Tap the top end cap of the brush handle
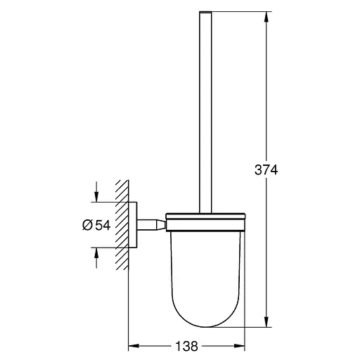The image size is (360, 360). (x=204, y=14)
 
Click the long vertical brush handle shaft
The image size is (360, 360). (x=204, y=112)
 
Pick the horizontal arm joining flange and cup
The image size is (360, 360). (x=151, y=225)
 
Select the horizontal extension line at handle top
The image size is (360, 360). (x=239, y=11)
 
